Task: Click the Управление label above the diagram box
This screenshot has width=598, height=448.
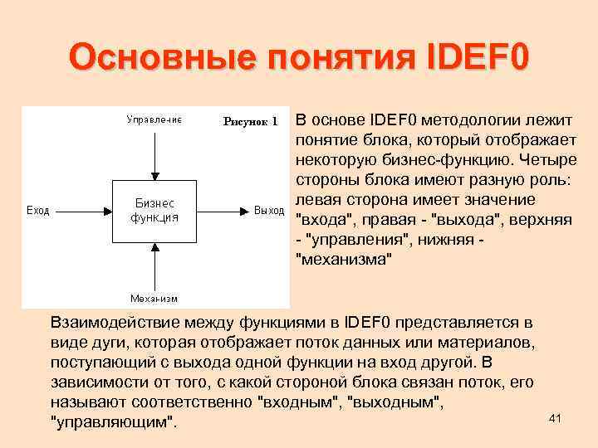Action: pyautogui.click(x=154, y=119)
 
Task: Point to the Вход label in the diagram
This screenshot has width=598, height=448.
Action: pyautogui.click(x=38, y=211)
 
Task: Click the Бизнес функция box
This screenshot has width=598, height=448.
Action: pyautogui.click(x=154, y=210)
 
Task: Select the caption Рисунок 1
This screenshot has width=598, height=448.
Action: pyautogui.click(x=251, y=121)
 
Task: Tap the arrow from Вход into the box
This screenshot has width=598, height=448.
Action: pyautogui.click(x=83, y=210)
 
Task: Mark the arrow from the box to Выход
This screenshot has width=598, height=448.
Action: pyautogui.click(x=223, y=210)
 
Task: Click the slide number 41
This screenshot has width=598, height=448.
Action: pyautogui.click(x=556, y=418)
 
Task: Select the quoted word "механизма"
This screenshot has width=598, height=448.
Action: pyautogui.click(x=343, y=260)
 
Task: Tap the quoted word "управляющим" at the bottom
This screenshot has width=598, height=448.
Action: pyautogui.click(x=115, y=422)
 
